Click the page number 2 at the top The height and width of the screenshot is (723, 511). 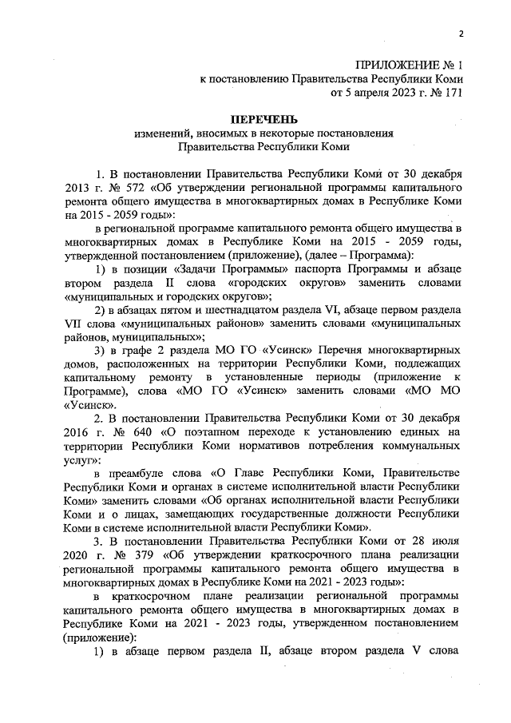coord(461,34)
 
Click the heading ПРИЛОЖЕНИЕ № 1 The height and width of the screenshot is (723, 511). coord(409,64)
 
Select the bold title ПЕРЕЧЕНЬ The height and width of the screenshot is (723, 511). coord(263,119)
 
